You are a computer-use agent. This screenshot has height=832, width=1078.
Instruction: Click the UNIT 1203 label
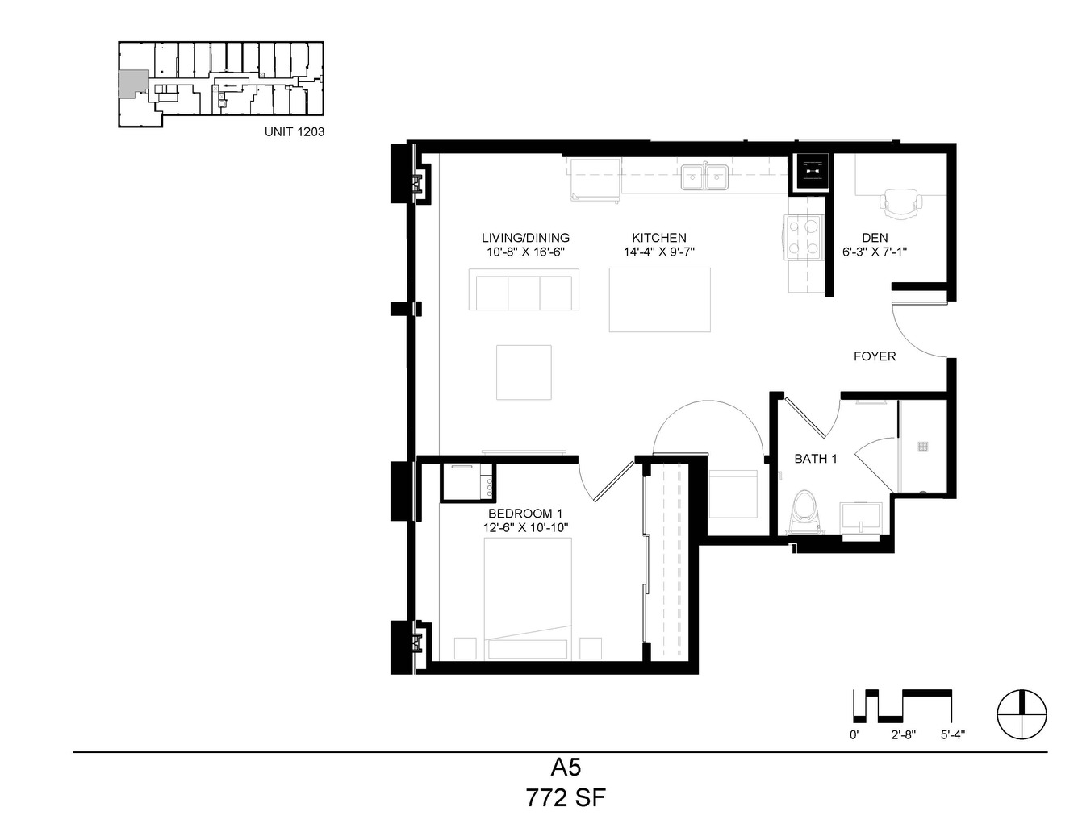pos(295,131)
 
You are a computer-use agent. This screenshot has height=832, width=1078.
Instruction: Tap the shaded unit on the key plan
pos(132,83)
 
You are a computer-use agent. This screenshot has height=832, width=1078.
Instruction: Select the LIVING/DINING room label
pos(525,238)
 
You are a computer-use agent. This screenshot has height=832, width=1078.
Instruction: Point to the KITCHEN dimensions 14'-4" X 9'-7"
pos(658,252)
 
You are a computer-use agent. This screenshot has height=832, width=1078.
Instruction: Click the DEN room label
pos(875,238)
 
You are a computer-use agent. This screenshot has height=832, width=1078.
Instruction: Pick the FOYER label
pos(875,356)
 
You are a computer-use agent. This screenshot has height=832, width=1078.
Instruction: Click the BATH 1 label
pos(816,459)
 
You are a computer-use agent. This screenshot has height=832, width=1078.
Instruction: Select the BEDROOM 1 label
pos(525,514)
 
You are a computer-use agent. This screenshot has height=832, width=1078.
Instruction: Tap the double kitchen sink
pos(704,177)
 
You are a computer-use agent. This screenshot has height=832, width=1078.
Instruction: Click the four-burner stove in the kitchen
pos(803,237)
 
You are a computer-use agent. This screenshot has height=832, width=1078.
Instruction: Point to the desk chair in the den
pos(901,202)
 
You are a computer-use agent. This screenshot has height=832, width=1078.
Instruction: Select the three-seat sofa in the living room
pos(524,289)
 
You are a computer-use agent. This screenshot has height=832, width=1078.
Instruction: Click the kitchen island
pos(660,300)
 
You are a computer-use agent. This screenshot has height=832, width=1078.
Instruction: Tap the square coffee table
pos(524,372)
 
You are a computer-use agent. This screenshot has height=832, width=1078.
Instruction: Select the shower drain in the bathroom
pos(922,447)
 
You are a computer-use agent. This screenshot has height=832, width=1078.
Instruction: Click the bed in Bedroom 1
pos(528,598)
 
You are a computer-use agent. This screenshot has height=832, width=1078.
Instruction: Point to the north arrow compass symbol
pos(1022,714)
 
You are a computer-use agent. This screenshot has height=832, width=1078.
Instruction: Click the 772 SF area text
pos(566,798)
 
